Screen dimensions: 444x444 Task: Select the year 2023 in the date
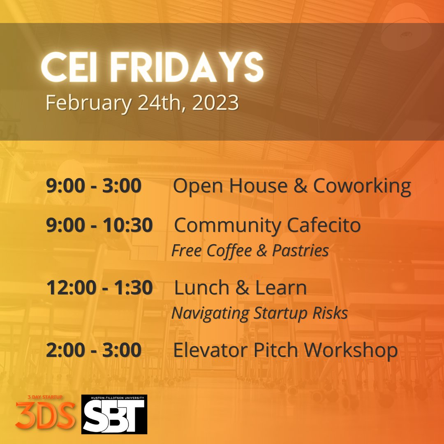click(x=215, y=102)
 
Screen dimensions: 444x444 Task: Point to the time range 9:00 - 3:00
click(x=94, y=186)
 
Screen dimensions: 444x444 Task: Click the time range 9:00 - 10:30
click(x=99, y=225)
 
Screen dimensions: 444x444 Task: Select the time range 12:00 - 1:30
click(x=99, y=288)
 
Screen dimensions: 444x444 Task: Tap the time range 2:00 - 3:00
click(x=94, y=350)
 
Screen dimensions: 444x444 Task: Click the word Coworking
click(x=362, y=186)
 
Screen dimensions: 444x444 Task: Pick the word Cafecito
click(x=324, y=225)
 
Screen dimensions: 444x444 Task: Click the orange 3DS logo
click(x=46, y=416)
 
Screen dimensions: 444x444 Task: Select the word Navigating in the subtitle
click(x=210, y=313)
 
